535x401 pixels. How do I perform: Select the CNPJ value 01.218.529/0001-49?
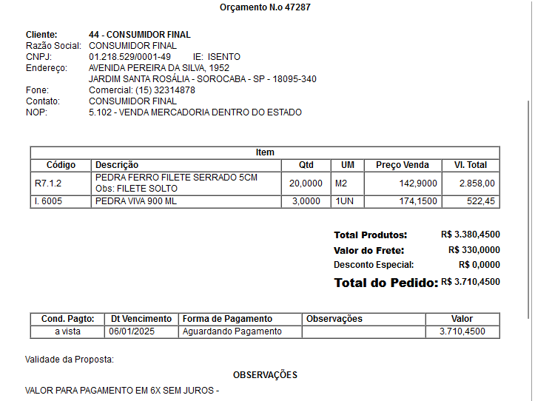pos(129,57)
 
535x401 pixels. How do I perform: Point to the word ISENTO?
pos(223,57)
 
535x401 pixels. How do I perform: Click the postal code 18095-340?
pos(295,79)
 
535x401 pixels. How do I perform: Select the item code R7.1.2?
pos(48,183)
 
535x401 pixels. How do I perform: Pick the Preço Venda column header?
pos(402,165)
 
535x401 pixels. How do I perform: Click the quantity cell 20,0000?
pos(306,183)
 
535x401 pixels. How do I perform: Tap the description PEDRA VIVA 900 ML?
pos(136,201)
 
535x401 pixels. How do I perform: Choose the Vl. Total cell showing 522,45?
pos(481,201)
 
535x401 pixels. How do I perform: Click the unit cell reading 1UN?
pos(345,201)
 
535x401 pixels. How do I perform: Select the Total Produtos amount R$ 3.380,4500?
pos(470,235)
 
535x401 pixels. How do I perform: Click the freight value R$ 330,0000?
pos(474,250)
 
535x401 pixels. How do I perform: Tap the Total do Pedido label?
pos(386,283)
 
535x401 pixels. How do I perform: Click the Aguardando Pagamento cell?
pos(232,331)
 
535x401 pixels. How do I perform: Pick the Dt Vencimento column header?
pos(141,319)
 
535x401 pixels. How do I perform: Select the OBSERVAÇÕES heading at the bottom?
pos(265,375)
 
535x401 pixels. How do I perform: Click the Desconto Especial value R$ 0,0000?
pos(479,265)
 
